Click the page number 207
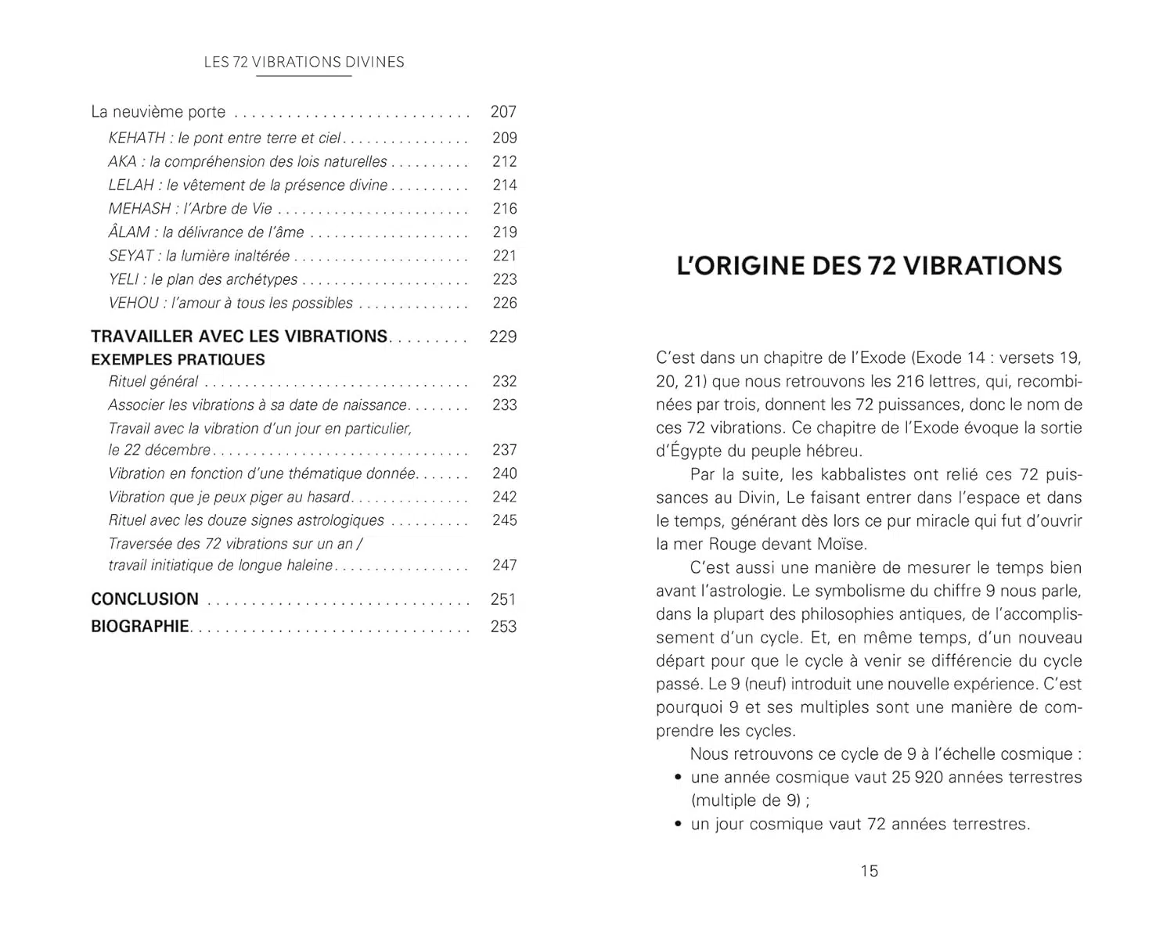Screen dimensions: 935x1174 503,112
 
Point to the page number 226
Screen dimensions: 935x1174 505,303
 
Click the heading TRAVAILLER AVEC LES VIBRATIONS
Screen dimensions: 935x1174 239,336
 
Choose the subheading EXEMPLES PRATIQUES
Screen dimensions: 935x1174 178,360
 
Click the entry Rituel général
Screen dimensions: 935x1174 153,382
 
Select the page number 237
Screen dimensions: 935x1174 505,450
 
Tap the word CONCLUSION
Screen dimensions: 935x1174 145,599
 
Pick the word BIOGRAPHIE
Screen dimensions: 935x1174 140,627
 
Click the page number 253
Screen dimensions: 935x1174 503,627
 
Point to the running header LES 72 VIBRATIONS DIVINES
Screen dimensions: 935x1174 304,63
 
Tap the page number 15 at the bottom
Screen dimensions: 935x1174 870,871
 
